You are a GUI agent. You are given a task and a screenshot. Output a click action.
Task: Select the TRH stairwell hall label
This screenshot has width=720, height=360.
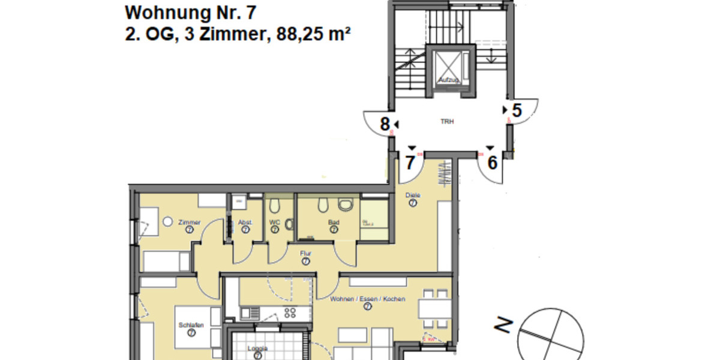pyautogui.click(x=447, y=121)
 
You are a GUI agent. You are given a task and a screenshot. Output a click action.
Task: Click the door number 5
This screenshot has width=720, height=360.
pyautogui.click(x=517, y=110)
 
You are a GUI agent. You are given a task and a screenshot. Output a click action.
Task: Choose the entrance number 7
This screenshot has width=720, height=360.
pyautogui.click(x=410, y=163)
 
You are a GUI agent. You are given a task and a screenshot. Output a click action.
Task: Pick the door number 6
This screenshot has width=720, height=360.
pyautogui.click(x=492, y=163)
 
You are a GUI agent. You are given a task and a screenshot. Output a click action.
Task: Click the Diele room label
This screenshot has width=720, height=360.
pyautogui.click(x=413, y=195)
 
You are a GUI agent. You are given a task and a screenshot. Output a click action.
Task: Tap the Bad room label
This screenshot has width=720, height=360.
pyautogui.click(x=334, y=222)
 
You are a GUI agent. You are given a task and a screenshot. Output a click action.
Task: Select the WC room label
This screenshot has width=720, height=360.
pyautogui.click(x=275, y=222)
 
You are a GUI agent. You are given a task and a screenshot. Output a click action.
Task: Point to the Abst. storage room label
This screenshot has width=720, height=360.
pyautogui.click(x=245, y=222)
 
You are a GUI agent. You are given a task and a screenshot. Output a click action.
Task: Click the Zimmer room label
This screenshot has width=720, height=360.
pyautogui.click(x=189, y=222)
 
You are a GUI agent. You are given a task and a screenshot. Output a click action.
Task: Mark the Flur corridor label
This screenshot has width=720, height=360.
pyautogui.click(x=305, y=254)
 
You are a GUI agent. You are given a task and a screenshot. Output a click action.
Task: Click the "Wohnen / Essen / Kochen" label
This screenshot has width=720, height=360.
pyautogui.click(x=367, y=299)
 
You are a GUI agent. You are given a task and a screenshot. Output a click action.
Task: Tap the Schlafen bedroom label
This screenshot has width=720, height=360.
pyautogui.click(x=190, y=325)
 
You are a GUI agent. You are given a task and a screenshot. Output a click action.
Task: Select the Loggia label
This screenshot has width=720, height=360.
pyautogui.click(x=257, y=349)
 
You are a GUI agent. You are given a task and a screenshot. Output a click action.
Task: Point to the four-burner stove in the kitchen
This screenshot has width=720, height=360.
pyautogui.click(x=290, y=312)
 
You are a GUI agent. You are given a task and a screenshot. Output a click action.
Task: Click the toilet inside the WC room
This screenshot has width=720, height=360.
pyautogui.click(x=275, y=207)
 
